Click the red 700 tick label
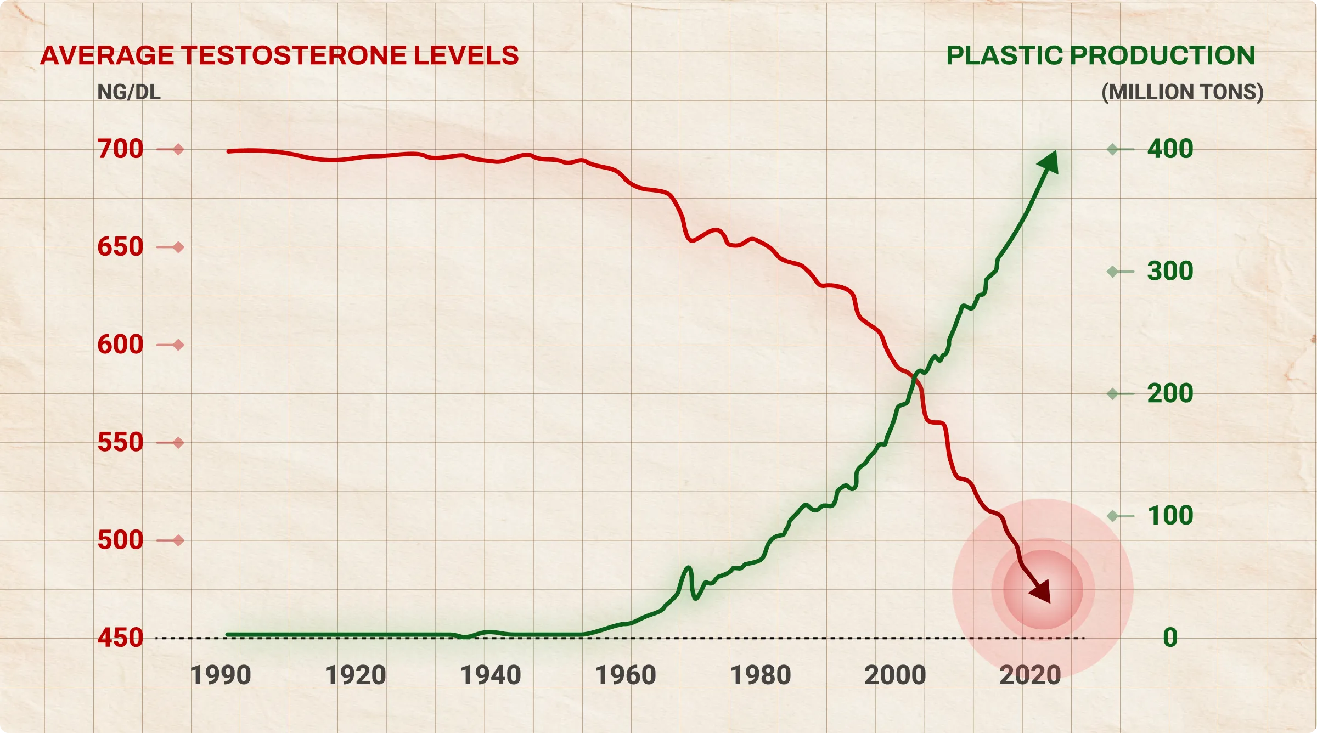(x=120, y=149)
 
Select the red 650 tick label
(x=120, y=247)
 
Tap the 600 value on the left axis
(x=120, y=345)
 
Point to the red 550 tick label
(x=120, y=442)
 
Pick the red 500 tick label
(x=120, y=540)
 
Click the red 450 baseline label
(x=120, y=638)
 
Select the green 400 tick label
(x=1170, y=149)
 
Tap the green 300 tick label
(x=1170, y=271)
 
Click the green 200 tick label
(x=1170, y=393)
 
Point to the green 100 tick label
(x=1170, y=516)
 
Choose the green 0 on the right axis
(x=1170, y=638)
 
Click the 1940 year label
(x=491, y=675)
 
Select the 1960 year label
(x=626, y=675)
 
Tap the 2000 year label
(x=895, y=675)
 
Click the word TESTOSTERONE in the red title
(x=294, y=55)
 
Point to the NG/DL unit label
(x=129, y=92)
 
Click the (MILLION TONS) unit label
(x=1183, y=92)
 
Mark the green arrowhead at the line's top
(x=1047, y=162)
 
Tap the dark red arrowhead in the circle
(x=1040, y=591)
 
